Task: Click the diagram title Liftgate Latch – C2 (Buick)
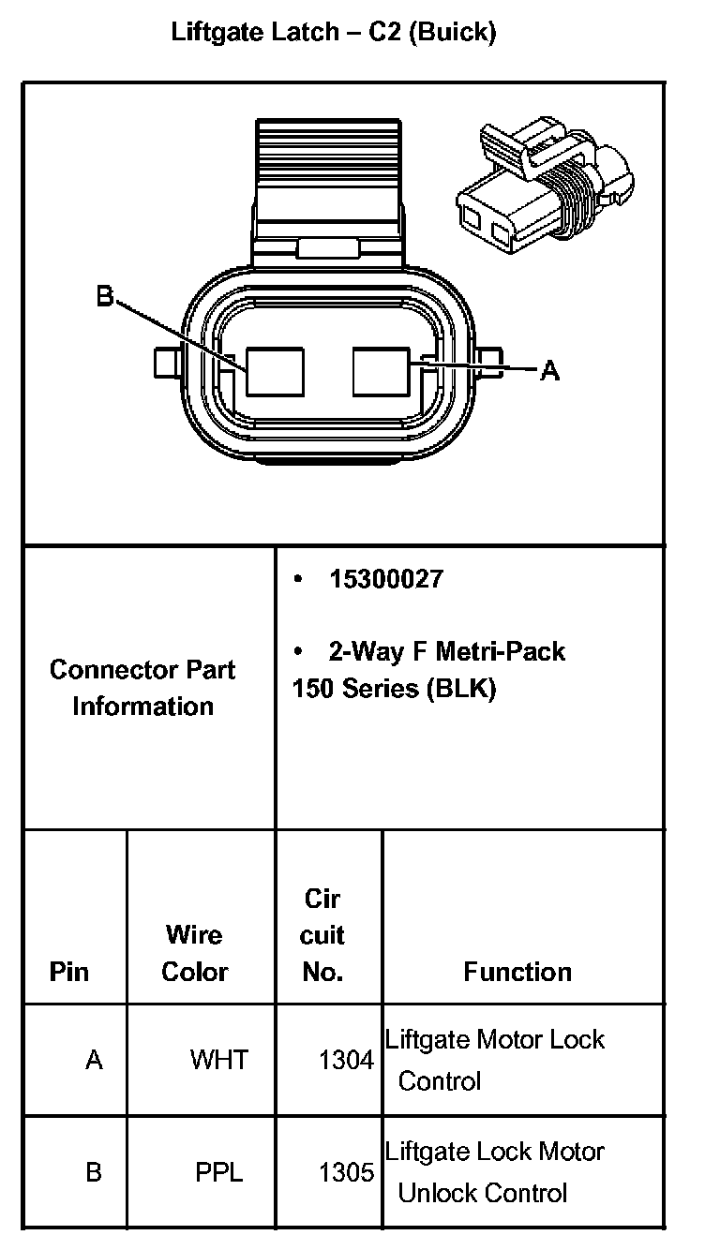click(333, 33)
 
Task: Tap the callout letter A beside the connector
click(550, 372)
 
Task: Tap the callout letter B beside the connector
click(105, 297)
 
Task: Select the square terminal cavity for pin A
click(382, 372)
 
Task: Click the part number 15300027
click(385, 579)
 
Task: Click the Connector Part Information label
click(142, 688)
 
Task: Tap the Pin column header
click(69, 972)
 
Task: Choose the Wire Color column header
click(195, 953)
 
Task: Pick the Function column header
click(517, 972)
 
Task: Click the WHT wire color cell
click(219, 1060)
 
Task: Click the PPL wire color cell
click(219, 1172)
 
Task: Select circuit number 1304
click(346, 1060)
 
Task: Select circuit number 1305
click(346, 1172)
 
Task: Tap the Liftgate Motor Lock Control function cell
click(495, 1059)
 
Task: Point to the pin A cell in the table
click(94, 1060)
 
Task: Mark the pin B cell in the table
click(94, 1172)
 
